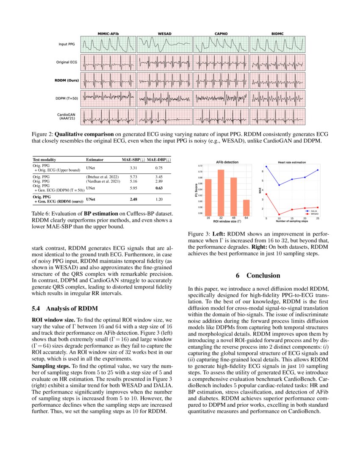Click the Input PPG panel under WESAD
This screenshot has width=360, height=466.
point(164,44)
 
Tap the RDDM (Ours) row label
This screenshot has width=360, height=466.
point(66,80)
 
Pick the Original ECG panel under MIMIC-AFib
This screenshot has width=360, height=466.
point(108,62)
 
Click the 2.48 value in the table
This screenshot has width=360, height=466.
point(134,199)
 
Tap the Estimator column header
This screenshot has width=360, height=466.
point(95,160)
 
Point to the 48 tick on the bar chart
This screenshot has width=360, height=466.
point(233,218)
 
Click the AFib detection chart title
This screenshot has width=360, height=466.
point(227,162)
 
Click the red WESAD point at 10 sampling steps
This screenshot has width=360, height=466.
point(279,214)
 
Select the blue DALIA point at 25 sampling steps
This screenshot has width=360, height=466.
point(318,170)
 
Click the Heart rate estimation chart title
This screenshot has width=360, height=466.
point(292,162)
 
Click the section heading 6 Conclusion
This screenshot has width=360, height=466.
point(258,275)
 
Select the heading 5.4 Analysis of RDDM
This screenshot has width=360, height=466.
point(65,308)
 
